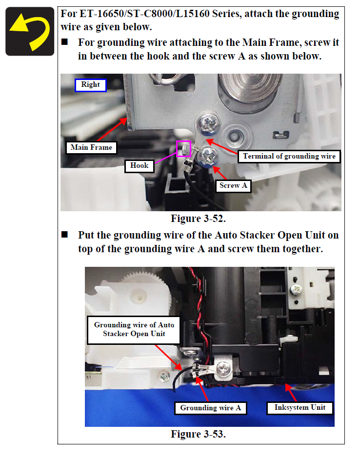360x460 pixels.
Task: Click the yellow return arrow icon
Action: (30, 31)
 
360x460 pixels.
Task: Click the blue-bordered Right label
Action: (91, 85)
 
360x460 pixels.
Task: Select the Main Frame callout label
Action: (91, 148)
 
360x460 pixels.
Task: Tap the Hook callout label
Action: (140, 166)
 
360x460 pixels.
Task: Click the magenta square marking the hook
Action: (184, 149)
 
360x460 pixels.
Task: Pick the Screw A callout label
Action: (233, 186)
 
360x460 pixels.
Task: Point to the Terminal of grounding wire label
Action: (289, 157)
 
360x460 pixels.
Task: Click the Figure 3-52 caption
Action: (199, 219)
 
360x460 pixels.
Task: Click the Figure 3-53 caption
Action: (199, 434)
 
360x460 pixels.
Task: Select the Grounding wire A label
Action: (211, 408)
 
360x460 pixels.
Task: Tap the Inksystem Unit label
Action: (300, 408)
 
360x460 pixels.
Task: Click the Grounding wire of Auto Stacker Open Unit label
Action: (134, 330)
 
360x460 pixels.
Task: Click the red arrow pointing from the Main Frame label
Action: (112, 129)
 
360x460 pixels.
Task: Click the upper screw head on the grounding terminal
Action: (208, 123)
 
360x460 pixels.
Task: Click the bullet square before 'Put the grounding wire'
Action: (64, 235)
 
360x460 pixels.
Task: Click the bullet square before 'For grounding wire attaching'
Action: (64, 42)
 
